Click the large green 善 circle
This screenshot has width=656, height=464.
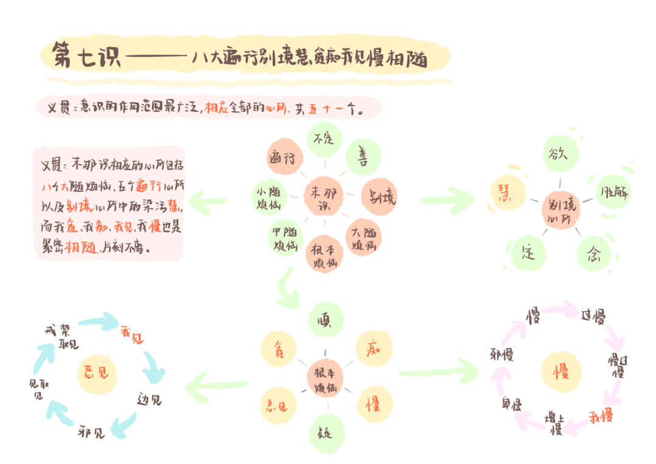point(363,157)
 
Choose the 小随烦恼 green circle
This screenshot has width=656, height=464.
point(270,197)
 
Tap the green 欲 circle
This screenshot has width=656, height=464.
point(559,154)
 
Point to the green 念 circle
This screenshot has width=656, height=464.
point(592,253)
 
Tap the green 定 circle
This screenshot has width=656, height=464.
point(527,254)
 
